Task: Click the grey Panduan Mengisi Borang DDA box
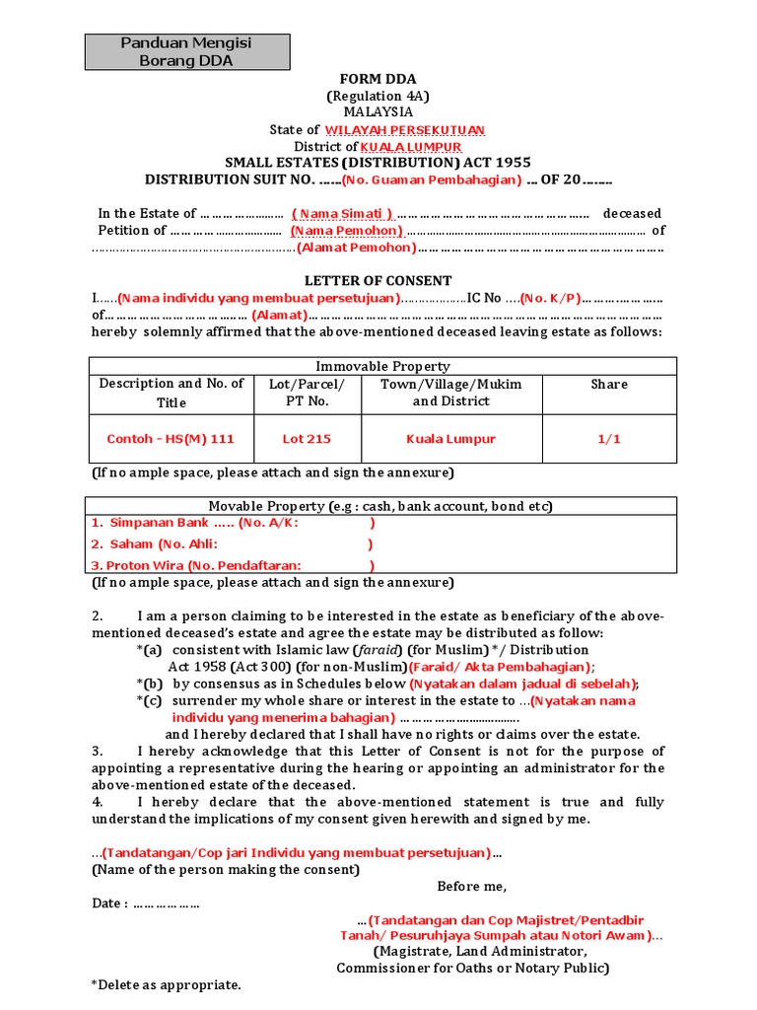(x=186, y=51)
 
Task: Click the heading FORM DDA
(x=378, y=80)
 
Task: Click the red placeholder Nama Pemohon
(x=346, y=231)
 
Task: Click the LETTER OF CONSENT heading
(x=378, y=281)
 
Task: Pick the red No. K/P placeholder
(x=551, y=298)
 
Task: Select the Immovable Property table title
(x=382, y=366)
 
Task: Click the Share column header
(x=609, y=384)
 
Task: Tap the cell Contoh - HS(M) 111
(x=171, y=439)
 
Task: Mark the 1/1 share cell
(x=609, y=439)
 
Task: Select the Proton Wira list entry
(x=196, y=565)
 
